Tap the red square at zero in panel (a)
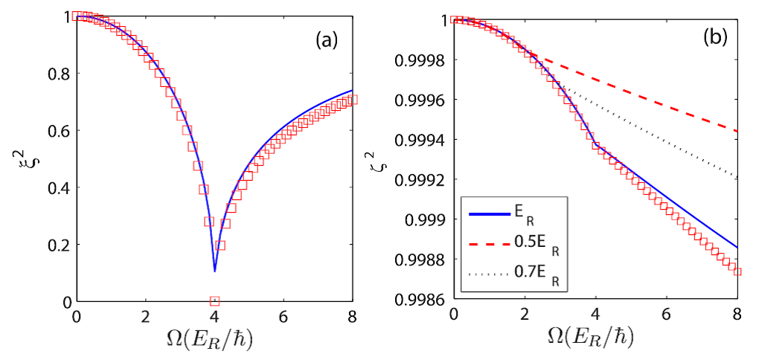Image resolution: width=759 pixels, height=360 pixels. [x=214, y=300]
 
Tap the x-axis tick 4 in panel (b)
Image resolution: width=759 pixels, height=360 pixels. [x=595, y=315]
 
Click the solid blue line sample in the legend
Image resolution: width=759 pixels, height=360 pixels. [x=487, y=213]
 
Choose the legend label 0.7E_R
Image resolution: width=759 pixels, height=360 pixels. [x=535, y=276]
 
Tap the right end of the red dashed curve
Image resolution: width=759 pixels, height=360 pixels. [x=736, y=132]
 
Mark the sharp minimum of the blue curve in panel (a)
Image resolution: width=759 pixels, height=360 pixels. [x=214, y=271]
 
